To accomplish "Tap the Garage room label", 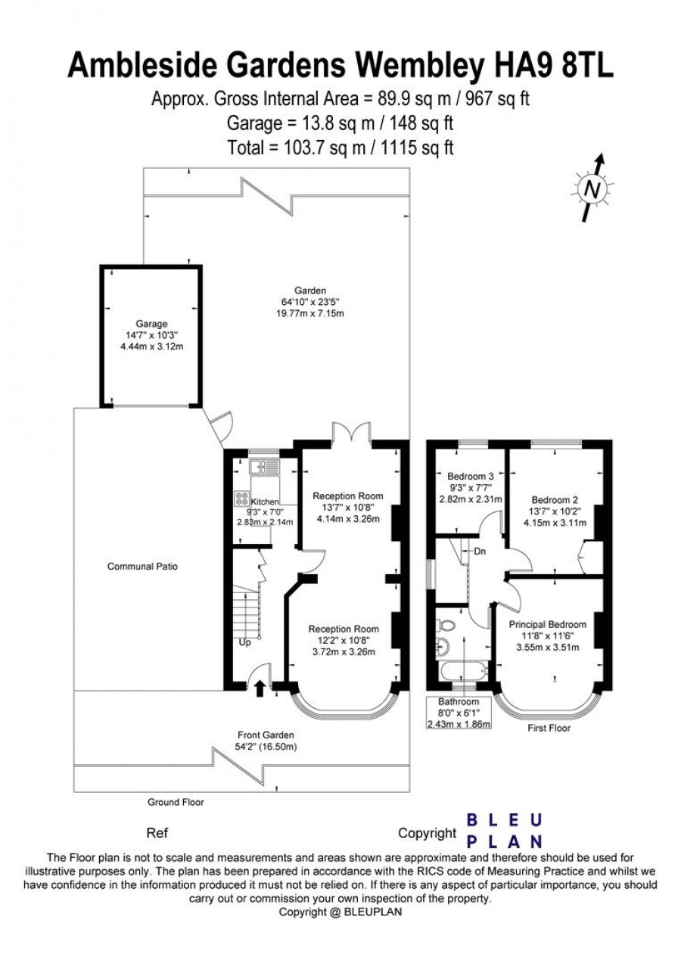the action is tap(151, 324).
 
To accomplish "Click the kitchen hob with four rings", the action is tap(241, 498).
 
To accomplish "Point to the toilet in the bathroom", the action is tap(443, 624).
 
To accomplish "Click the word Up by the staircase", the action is tap(244, 643).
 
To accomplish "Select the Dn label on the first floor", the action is tap(480, 551).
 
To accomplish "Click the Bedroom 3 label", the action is tap(471, 476).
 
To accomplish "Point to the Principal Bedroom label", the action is tap(548, 624).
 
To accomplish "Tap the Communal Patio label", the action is tap(142, 566).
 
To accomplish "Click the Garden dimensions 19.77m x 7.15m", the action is tap(309, 313).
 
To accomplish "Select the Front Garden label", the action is tap(266, 735).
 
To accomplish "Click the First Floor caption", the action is tap(549, 728).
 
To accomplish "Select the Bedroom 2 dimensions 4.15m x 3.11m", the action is tap(555, 523).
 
